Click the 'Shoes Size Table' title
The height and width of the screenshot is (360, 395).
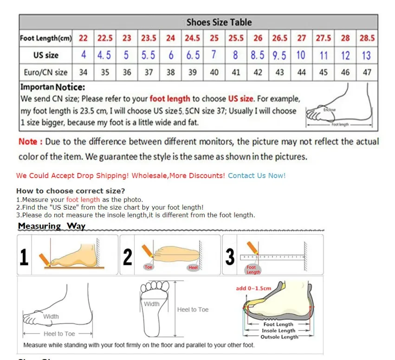[x=219, y=22]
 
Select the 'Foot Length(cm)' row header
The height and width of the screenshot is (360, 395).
[x=45, y=39]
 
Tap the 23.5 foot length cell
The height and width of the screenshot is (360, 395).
[x=149, y=39]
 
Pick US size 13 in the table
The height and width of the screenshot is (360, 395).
[x=366, y=55]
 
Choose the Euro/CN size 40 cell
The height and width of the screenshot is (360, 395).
[x=214, y=72]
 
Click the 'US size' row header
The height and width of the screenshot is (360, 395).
[x=45, y=55]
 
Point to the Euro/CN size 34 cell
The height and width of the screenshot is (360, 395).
[x=83, y=72]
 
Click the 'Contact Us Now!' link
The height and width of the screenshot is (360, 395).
[x=257, y=175]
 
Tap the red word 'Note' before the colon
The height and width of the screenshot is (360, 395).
[x=27, y=141]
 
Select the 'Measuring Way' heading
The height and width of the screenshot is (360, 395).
[x=52, y=226]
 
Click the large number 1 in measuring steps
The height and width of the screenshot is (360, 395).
[x=24, y=257]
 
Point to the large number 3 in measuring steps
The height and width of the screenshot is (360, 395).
[x=230, y=257]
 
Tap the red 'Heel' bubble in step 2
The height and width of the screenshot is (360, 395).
[x=193, y=268]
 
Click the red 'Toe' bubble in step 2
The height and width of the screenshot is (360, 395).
[x=149, y=267]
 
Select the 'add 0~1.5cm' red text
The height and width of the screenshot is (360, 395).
[x=253, y=288]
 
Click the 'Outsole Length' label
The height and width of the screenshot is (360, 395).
[x=278, y=337]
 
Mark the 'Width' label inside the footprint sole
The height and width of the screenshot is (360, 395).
[x=151, y=304]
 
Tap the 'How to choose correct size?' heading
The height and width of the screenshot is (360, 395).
[x=71, y=191]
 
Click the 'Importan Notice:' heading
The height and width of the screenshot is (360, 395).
[x=52, y=87]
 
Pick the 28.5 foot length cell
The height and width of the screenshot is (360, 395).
[x=367, y=39]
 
